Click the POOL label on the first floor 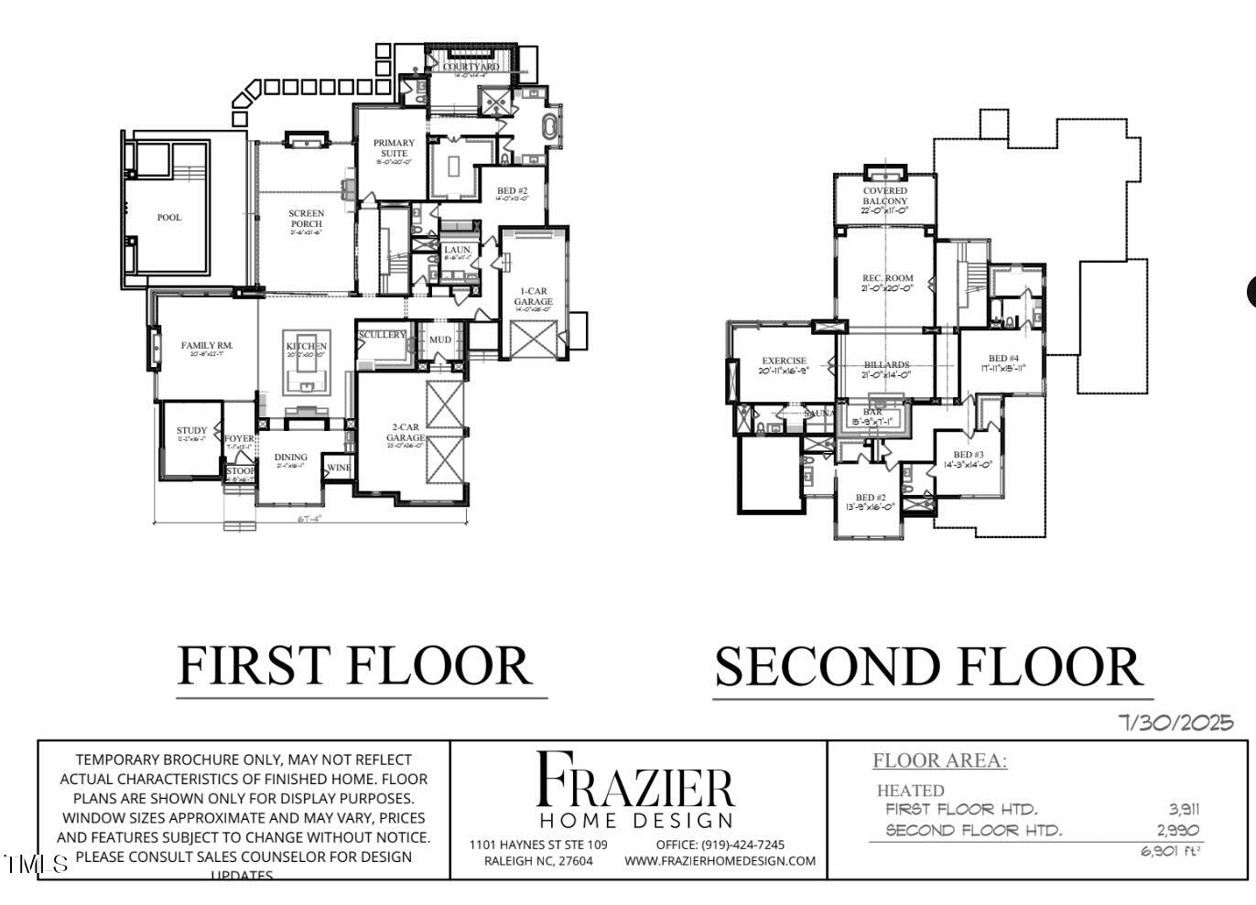(x=169, y=218)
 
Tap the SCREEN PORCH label (x=307, y=219)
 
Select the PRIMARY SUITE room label (x=394, y=148)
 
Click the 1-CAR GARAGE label (x=533, y=296)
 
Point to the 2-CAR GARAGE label (x=406, y=432)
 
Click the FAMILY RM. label (x=207, y=346)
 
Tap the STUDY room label (x=191, y=430)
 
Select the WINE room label (x=339, y=468)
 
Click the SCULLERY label (x=382, y=335)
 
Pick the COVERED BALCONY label (x=884, y=196)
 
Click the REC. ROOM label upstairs (x=887, y=278)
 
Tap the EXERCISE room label (x=784, y=361)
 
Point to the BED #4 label (x=1003, y=359)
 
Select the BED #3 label (x=969, y=455)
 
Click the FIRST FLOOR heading (x=354, y=665)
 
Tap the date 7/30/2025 (x=1176, y=723)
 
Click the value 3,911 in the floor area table (x=1184, y=809)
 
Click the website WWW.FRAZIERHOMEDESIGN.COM (x=720, y=861)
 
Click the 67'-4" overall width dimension (x=309, y=519)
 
